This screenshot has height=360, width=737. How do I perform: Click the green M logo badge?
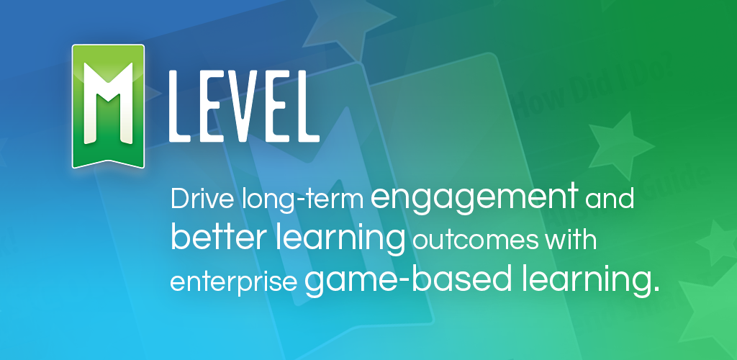108,104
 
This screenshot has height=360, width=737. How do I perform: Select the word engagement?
474,198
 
